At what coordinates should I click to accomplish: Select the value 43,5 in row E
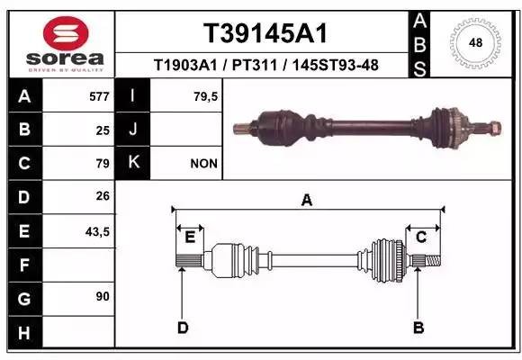pyautogui.click(x=97, y=231)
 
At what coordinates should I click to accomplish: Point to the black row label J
pyautogui.click(x=133, y=130)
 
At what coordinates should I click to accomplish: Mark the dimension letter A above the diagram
pyautogui.click(x=307, y=201)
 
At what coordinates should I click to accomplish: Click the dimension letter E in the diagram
pyautogui.click(x=190, y=238)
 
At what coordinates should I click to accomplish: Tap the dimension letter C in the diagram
pyautogui.click(x=420, y=237)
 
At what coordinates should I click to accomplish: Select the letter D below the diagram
pyautogui.click(x=183, y=328)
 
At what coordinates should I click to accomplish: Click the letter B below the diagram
pyautogui.click(x=417, y=328)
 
